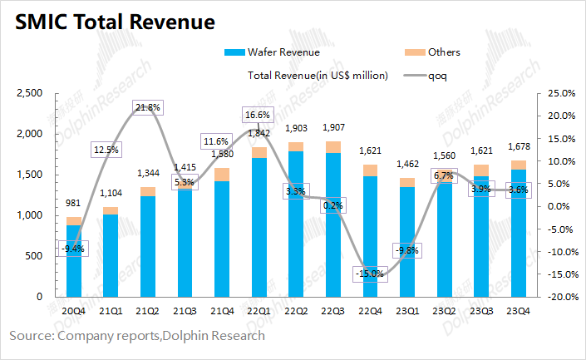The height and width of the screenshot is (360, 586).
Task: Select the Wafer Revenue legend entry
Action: click(273, 52)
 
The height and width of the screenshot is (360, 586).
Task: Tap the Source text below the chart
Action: click(137, 336)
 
